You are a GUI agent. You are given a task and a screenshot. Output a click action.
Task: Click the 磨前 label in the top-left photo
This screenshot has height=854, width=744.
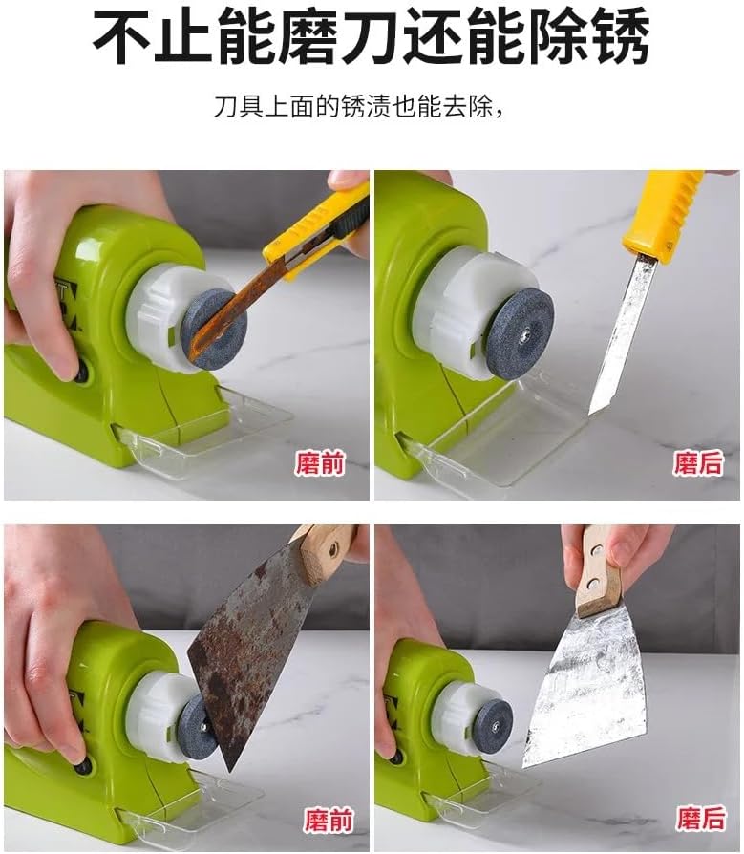(x=320, y=464)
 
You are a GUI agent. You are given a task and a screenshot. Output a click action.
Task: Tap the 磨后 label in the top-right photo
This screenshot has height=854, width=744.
(x=698, y=463)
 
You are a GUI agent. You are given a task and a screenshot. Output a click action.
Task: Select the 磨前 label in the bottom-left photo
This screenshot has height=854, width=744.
(x=329, y=821)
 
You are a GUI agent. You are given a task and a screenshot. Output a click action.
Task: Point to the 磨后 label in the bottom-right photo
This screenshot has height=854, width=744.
(x=701, y=818)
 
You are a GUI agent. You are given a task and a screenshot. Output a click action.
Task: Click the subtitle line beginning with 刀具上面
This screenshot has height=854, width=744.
(x=358, y=106)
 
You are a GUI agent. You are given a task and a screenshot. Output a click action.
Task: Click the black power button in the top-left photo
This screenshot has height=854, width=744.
(x=82, y=372)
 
